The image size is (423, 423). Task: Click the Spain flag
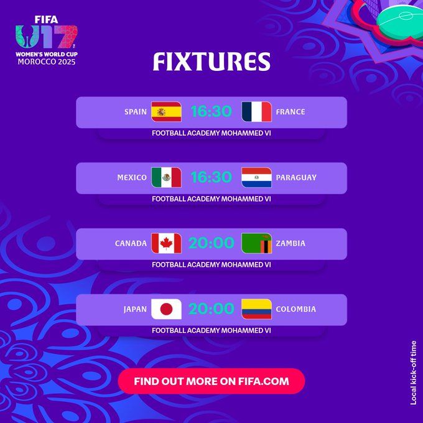point(166,112)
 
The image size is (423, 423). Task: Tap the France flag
point(256,112)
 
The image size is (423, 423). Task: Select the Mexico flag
point(166,177)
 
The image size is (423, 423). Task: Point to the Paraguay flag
point(256,177)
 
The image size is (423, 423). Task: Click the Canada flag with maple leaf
point(166,243)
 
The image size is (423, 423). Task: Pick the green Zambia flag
point(256,243)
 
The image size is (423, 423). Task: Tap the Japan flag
point(166,309)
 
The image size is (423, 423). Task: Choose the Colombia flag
point(256,309)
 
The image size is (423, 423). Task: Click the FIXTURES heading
point(211,62)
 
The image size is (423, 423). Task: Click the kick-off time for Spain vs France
point(211,112)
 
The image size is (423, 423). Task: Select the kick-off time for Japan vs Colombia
point(211,309)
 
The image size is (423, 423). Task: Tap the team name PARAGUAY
point(296,178)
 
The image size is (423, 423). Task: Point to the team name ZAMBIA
point(291,244)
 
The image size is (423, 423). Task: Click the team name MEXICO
point(132,178)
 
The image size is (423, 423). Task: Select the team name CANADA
point(131,244)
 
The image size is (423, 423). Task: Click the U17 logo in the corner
point(46,37)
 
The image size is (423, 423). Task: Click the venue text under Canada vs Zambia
point(211,264)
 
